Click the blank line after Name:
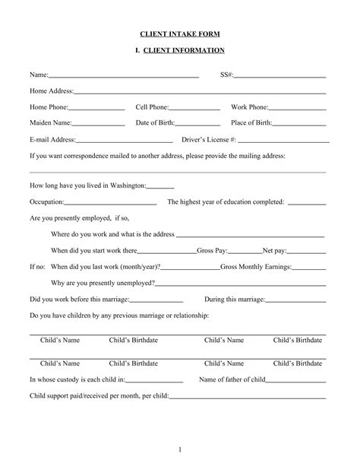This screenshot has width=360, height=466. point(123,76)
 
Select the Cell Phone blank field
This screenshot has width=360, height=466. point(194,108)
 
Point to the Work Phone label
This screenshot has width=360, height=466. point(249,107)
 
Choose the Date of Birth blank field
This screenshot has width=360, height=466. point(197,124)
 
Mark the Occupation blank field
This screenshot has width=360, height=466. point(111,204)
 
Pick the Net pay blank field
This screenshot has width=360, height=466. point(306,251)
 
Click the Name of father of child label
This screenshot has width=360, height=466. point(232,379)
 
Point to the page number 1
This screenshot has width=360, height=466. point(180,449)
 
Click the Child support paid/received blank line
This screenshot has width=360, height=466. point(248,397)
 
